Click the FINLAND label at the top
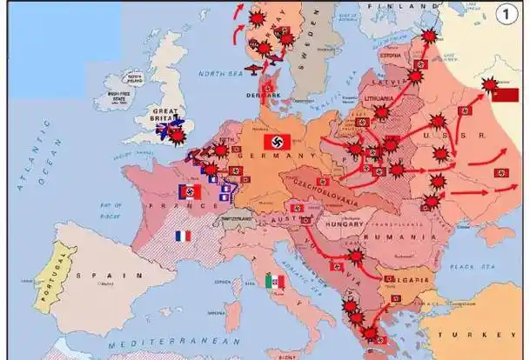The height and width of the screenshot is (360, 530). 391,6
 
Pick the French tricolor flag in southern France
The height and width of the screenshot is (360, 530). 182,236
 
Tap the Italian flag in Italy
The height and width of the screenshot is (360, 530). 274,281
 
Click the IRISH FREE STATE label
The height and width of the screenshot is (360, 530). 119,97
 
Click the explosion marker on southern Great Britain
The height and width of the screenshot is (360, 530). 179,136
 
